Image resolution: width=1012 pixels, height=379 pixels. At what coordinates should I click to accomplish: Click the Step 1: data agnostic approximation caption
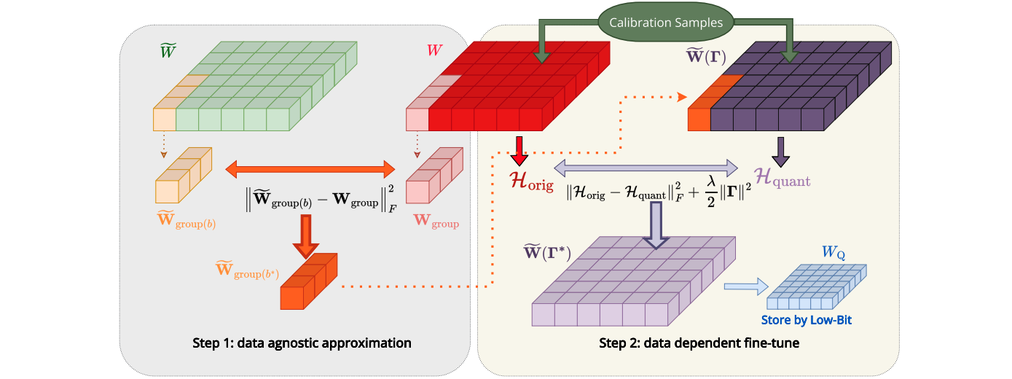click(x=302, y=343)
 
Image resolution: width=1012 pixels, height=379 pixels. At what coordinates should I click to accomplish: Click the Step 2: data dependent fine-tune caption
click(x=699, y=343)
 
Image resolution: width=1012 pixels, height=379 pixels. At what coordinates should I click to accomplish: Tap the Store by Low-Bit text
click(x=807, y=320)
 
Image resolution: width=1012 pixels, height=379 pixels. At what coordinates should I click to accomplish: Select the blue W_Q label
click(x=833, y=253)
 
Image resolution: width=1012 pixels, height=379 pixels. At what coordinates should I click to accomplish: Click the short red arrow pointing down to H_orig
click(x=519, y=150)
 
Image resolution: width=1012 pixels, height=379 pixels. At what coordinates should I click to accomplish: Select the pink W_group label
click(x=436, y=221)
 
